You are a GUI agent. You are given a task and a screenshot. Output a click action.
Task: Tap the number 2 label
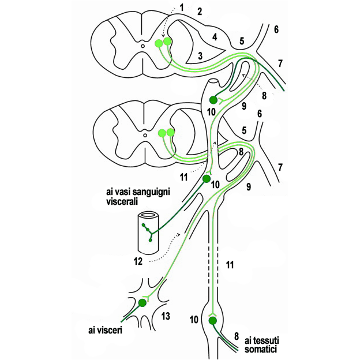click(x=200, y=12)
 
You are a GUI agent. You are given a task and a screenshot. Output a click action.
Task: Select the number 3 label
click(x=199, y=56)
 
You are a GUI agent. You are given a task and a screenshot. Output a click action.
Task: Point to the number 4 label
click(x=215, y=37)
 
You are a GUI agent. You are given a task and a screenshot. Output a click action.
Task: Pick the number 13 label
click(x=167, y=316)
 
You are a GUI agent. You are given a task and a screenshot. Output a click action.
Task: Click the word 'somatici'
click(x=261, y=350)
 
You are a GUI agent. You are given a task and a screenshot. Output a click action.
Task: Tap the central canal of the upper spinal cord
click(x=144, y=46)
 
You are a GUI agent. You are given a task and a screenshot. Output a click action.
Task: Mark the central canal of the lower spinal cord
click(x=144, y=136)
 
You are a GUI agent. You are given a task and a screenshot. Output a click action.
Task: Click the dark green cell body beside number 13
click(x=143, y=303)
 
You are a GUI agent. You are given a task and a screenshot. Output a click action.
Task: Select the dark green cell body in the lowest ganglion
click(x=212, y=320)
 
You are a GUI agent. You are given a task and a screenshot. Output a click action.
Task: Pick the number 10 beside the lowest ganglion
click(x=194, y=318)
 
